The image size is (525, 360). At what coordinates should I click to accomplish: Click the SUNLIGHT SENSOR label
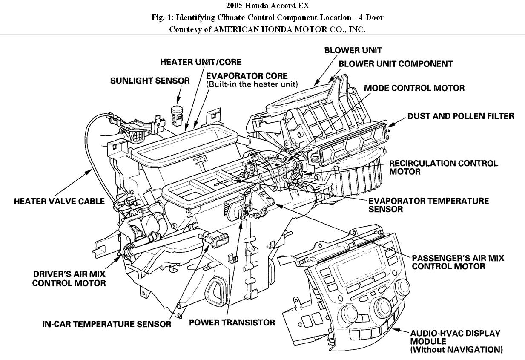(149, 81)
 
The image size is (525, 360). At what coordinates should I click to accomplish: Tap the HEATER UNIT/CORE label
(201, 62)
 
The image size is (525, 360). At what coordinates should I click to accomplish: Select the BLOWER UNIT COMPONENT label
(395, 64)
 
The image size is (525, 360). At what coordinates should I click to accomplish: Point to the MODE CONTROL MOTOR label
(414, 88)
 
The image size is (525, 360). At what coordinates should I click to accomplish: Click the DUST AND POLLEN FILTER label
(461, 116)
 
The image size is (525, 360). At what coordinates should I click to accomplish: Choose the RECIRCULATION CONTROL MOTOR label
(443, 167)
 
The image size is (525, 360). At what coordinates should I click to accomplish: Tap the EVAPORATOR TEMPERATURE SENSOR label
(428, 204)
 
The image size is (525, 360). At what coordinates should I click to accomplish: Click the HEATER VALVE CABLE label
(59, 201)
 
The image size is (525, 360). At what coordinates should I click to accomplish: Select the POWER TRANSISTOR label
(232, 323)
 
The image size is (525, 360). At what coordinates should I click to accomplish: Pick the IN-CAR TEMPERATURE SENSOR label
(107, 324)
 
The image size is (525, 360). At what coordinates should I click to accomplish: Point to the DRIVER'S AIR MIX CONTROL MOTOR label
(69, 279)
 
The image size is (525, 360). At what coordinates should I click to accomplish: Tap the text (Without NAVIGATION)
(456, 350)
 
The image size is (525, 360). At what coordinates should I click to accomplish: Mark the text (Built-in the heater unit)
(252, 84)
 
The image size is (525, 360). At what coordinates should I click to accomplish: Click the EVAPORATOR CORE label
(247, 76)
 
